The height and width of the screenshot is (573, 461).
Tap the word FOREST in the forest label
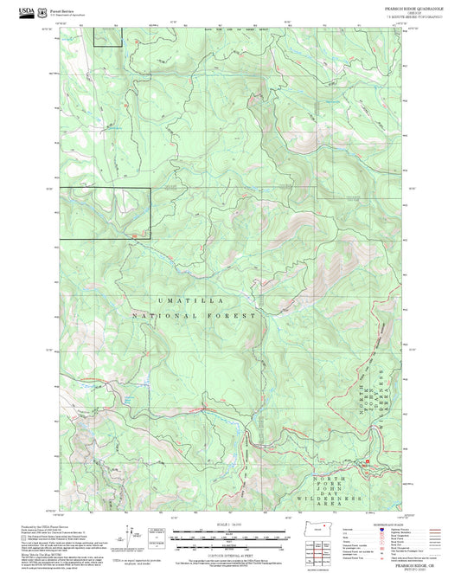232,317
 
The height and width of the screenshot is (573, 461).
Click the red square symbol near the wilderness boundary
367,462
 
